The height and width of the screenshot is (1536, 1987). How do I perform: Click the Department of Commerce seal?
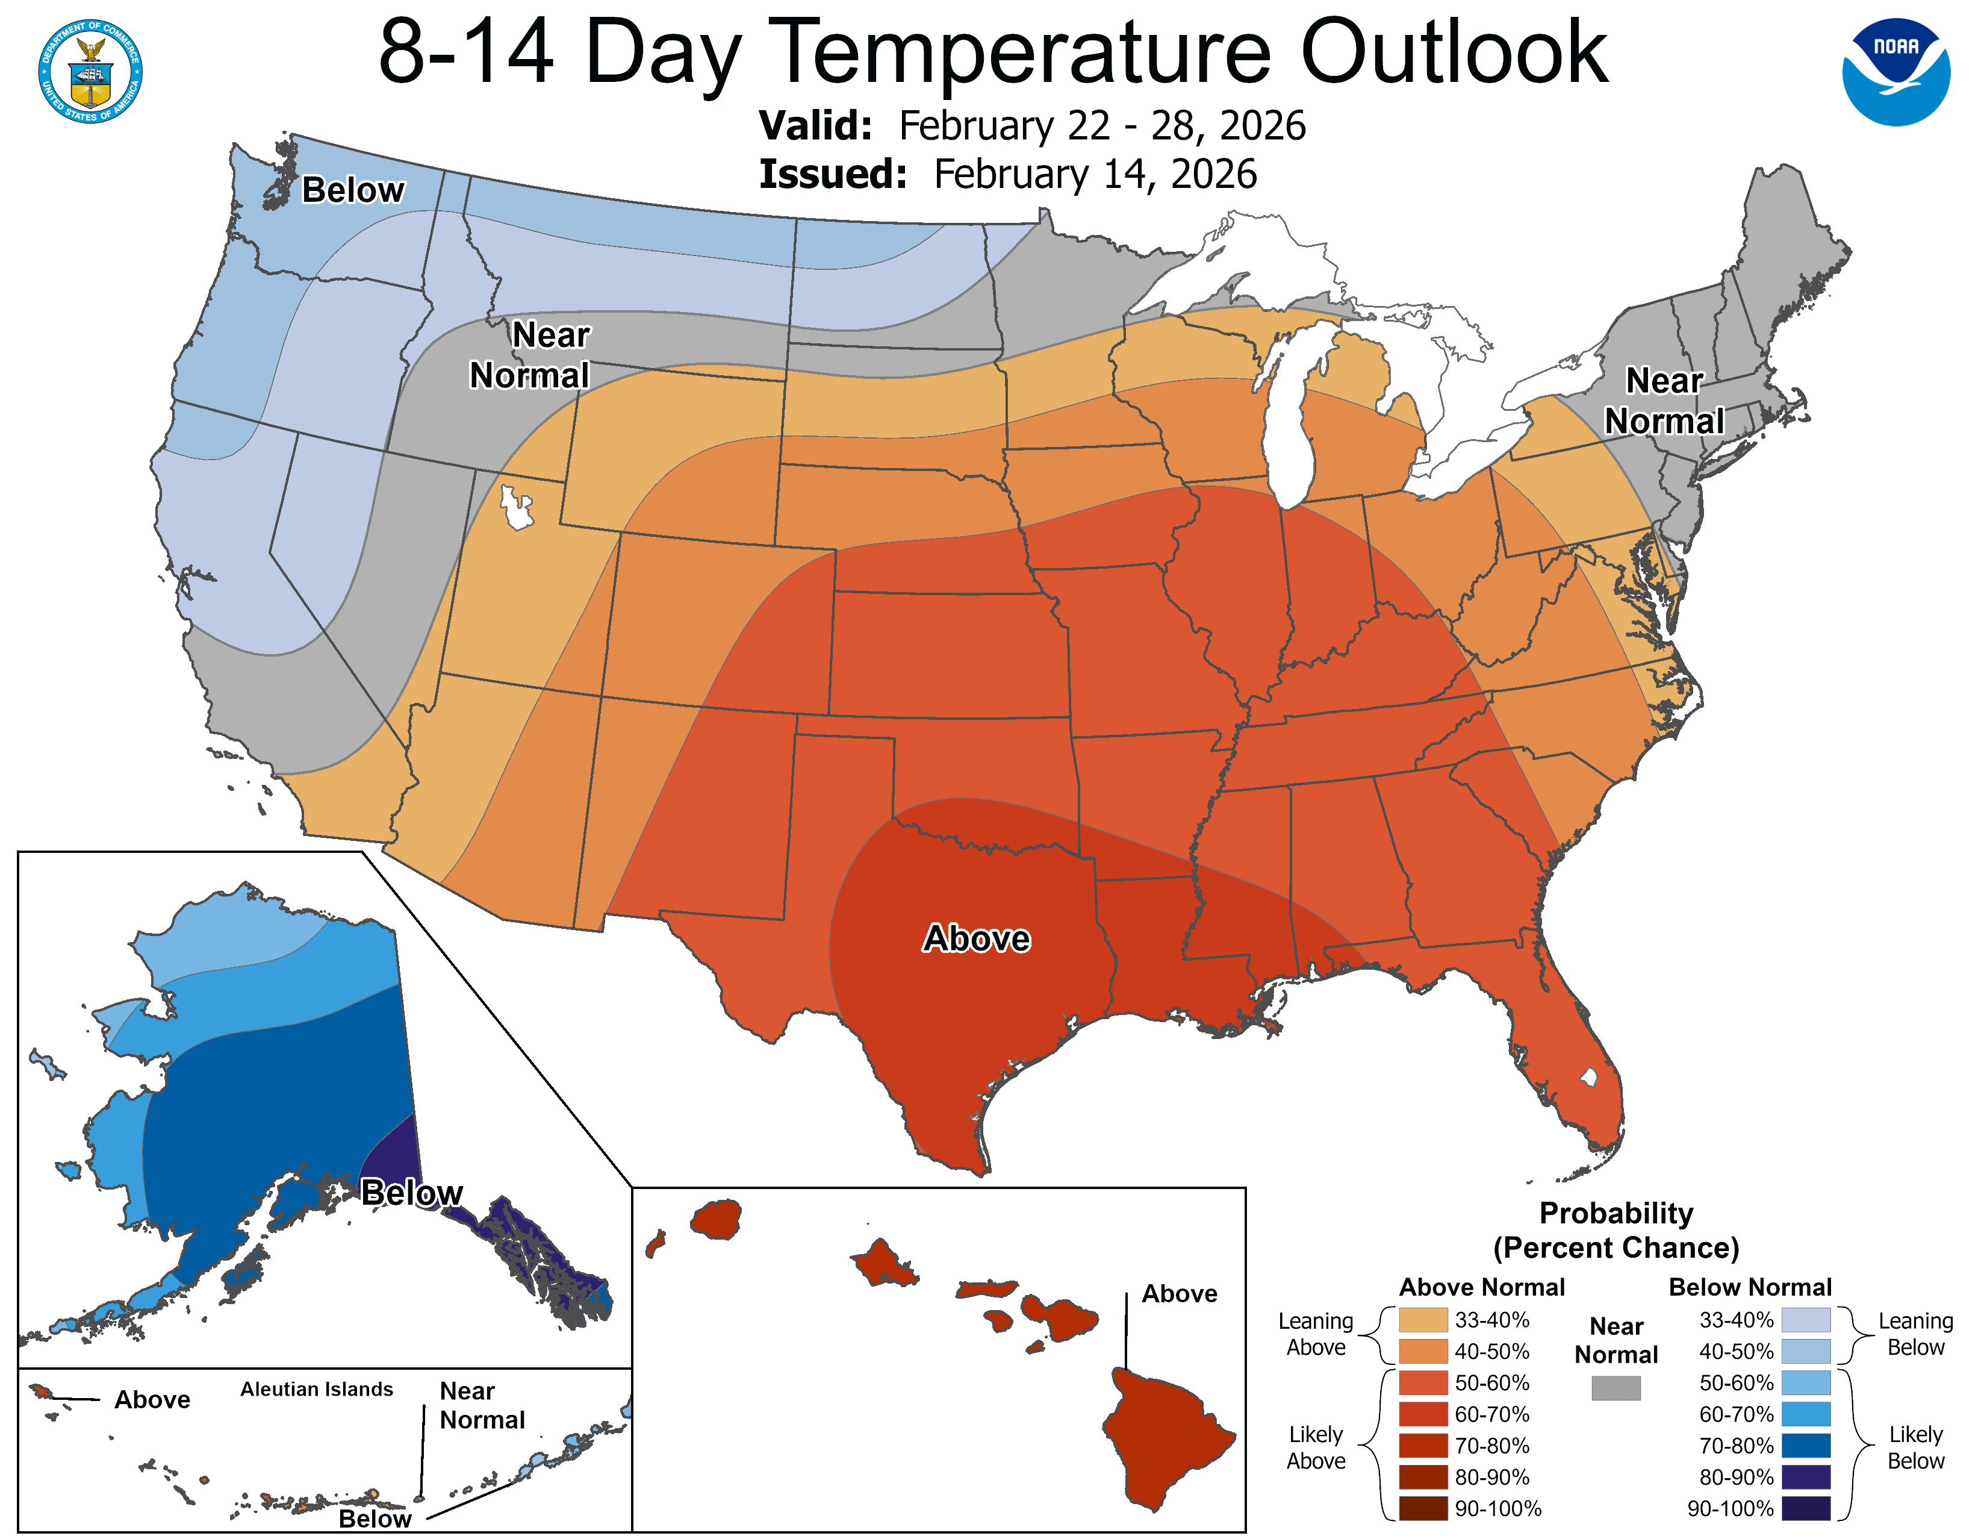(90, 71)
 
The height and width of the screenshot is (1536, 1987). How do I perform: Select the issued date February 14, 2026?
(1095, 174)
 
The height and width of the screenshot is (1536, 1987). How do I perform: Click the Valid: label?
(815, 125)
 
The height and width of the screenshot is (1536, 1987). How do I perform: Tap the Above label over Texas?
(976, 938)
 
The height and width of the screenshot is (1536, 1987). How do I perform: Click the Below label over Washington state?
(353, 190)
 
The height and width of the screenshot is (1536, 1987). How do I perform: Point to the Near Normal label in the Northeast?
(1664, 401)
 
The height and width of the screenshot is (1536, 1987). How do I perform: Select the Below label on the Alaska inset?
(411, 1192)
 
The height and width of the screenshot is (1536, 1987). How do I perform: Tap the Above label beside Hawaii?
(1179, 1293)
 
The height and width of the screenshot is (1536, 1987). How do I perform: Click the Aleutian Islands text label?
(317, 1388)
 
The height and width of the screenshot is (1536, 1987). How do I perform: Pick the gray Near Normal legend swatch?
(1616, 1388)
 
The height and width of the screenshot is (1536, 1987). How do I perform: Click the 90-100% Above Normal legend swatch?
(1423, 1509)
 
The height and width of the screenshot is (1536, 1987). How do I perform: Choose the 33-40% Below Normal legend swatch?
(1806, 1319)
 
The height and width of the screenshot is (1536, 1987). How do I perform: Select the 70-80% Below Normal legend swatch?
(1806, 1445)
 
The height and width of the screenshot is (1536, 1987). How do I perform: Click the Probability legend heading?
(1616, 1213)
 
